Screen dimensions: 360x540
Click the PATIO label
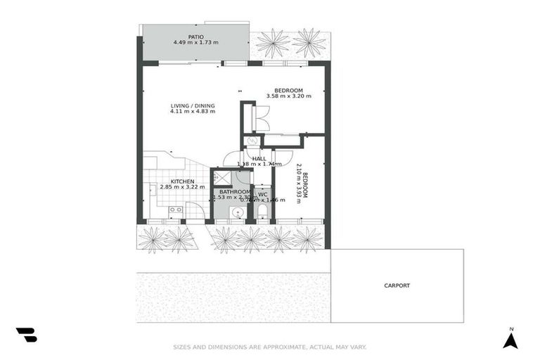(x=195, y=37)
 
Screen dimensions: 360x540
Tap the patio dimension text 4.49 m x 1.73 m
(x=195, y=43)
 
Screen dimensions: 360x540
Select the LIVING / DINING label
(x=193, y=105)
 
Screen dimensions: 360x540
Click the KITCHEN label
(x=173, y=181)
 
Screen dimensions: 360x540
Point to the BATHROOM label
(x=234, y=191)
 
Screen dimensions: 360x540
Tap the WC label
(x=262, y=194)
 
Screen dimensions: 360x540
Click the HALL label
(x=259, y=159)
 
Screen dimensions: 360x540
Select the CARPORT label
(x=397, y=285)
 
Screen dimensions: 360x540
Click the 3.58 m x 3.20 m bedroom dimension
(x=288, y=97)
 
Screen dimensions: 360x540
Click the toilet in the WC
(x=262, y=212)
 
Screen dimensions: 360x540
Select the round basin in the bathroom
(x=234, y=212)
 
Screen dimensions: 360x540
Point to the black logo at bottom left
(x=26, y=335)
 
